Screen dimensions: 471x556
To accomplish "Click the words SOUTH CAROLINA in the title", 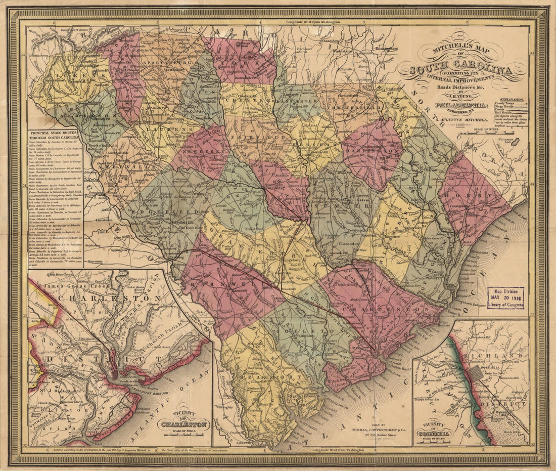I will pos(462,71).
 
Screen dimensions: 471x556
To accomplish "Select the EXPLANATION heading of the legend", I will pos(512,100).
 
